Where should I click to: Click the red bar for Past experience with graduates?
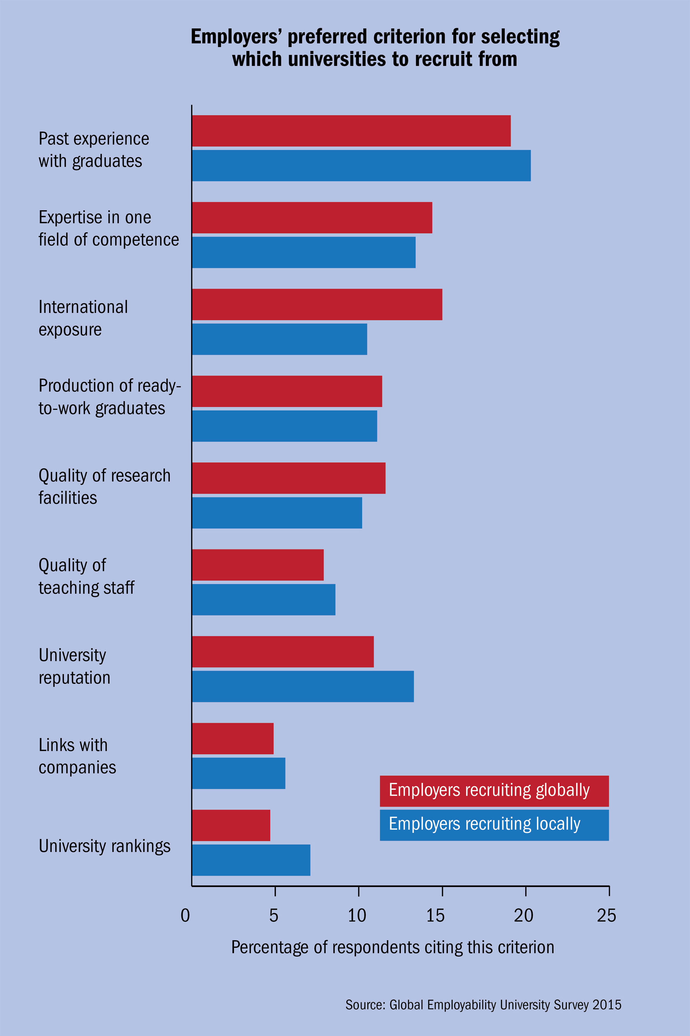(x=351, y=131)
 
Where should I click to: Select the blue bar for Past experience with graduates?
(x=361, y=165)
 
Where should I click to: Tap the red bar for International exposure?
(x=317, y=304)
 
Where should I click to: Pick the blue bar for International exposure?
(x=279, y=339)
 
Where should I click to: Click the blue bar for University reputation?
(x=303, y=686)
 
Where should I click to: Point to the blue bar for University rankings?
(x=251, y=860)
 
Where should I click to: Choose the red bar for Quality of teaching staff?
(x=258, y=565)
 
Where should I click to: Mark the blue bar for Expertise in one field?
(x=304, y=252)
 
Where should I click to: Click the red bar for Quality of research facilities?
(x=289, y=478)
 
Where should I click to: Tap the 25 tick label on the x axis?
(x=607, y=916)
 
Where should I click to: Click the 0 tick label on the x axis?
(x=185, y=916)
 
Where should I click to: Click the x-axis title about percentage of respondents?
(x=393, y=947)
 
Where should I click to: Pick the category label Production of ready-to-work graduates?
(x=110, y=397)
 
